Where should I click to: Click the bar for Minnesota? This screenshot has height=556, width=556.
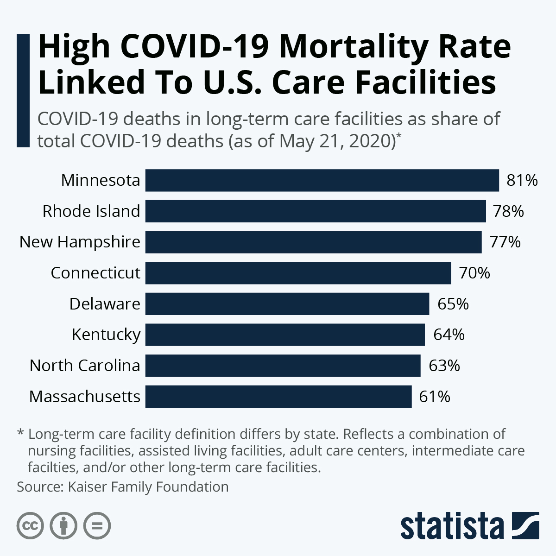(x=322, y=180)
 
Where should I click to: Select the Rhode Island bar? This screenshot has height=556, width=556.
(x=316, y=211)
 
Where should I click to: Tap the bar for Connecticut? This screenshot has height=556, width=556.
(x=298, y=273)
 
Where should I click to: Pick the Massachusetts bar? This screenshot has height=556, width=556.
(x=278, y=397)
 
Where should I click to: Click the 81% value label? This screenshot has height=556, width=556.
(x=522, y=180)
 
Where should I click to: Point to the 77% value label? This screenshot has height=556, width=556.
(x=505, y=242)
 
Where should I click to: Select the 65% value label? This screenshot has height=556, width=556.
(x=453, y=304)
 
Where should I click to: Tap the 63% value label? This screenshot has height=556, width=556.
(x=444, y=366)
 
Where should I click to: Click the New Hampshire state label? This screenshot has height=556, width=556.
(x=80, y=242)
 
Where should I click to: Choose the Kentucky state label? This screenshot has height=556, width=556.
(x=106, y=335)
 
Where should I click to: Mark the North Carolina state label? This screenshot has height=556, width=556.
(x=85, y=366)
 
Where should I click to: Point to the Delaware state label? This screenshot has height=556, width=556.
(x=105, y=304)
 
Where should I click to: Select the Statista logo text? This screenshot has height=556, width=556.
(x=452, y=526)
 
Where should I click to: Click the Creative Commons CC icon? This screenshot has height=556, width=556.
(x=30, y=526)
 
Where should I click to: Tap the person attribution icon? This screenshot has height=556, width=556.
(x=63, y=526)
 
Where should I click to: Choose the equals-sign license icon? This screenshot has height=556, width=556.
(x=97, y=526)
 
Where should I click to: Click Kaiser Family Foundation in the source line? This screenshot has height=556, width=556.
(x=148, y=487)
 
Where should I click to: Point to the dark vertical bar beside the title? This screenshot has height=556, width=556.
(x=23, y=90)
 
